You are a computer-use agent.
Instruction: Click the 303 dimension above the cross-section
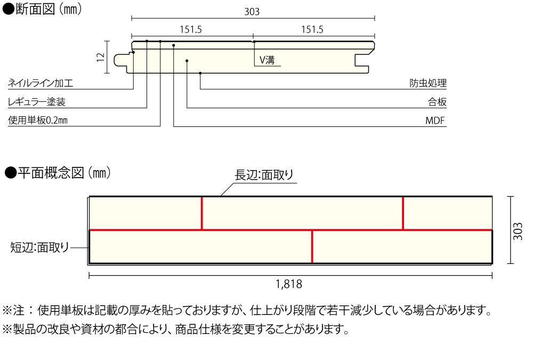252,11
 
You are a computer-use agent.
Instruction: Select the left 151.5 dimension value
191,30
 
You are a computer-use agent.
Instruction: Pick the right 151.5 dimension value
312,30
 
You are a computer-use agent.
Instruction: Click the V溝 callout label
267,60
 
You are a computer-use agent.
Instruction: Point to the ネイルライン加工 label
41,84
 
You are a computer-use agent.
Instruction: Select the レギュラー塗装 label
37,102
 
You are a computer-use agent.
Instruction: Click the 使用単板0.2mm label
38,121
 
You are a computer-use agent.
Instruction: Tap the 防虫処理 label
428,84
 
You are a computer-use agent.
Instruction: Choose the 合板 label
437,102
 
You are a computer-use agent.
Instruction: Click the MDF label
435,121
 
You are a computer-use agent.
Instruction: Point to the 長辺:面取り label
264,175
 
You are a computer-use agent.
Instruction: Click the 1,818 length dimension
289,284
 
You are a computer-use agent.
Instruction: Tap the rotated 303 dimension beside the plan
518,230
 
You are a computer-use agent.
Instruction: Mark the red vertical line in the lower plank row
312,247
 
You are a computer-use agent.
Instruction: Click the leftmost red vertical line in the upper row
202,213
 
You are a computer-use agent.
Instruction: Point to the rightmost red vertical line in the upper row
403,213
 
